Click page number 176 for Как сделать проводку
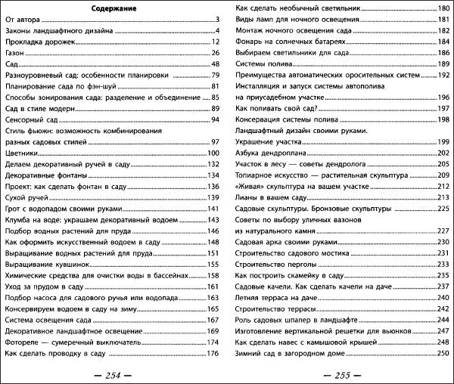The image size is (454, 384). [213, 354]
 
